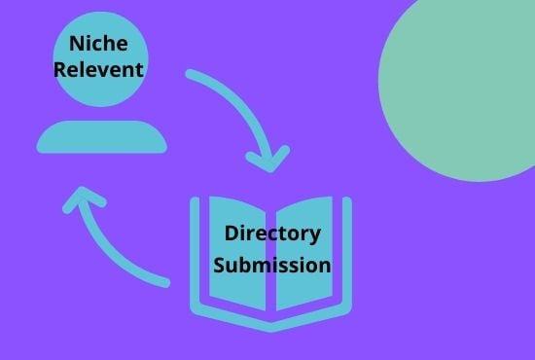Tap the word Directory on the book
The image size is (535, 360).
tap(272, 234)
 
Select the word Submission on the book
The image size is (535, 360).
tap(272, 264)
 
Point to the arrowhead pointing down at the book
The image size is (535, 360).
tap(268, 159)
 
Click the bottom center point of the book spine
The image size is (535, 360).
tap(271, 326)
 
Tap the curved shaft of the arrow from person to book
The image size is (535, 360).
tap(233, 97)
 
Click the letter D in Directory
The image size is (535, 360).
tap(231, 234)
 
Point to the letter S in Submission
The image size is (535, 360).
tap(220, 264)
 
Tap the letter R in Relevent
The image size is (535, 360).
tap(60, 70)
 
